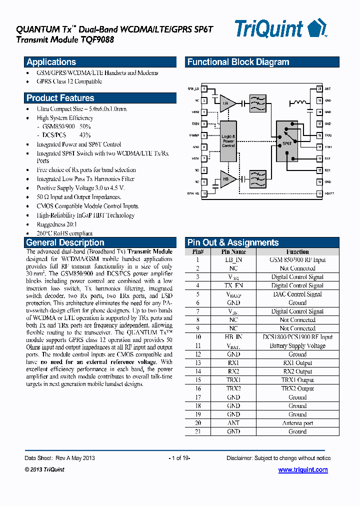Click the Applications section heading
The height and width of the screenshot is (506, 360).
click(x=51, y=62)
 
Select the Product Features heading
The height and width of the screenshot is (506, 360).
click(x=60, y=98)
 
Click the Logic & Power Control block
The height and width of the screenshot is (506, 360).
click(x=228, y=141)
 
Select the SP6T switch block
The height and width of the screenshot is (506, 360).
click(x=287, y=142)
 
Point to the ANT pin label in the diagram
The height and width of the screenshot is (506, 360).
click(x=327, y=89)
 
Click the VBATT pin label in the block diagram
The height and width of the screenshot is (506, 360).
click(x=328, y=193)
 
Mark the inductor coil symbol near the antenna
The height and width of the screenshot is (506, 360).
click(x=299, y=103)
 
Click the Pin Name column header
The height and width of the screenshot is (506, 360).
click(x=233, y=252)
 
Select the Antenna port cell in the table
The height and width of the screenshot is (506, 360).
click(x=297, y=423)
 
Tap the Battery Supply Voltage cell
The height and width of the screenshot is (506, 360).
click(x=297, y=346)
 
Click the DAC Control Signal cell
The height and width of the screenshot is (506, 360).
click(x=297, y=294)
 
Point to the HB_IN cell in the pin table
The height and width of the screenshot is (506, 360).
click(x=233, y=337)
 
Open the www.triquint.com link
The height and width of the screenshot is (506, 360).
click(x=302, y=470)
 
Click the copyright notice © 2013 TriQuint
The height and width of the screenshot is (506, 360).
click(x=44, y=469)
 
